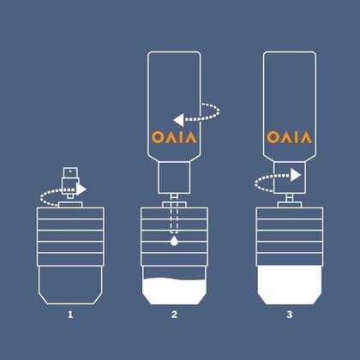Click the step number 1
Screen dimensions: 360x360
70,315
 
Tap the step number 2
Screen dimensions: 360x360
174,315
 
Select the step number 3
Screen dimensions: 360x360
290,315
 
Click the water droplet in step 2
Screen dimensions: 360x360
174,241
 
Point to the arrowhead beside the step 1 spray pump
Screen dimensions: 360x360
81,189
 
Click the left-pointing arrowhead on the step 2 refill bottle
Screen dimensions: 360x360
178,120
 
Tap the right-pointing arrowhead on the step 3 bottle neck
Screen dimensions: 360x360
296,175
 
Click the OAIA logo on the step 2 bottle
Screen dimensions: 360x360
174,137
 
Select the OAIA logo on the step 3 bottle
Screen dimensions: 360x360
290,137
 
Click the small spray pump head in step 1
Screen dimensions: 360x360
70,183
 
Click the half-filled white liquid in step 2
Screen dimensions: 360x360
174,291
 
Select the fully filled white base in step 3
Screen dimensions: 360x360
290,285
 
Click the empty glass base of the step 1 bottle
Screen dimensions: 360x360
70,285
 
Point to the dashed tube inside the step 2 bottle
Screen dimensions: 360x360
174,217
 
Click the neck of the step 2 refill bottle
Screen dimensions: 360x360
174,178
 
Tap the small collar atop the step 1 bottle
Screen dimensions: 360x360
70,205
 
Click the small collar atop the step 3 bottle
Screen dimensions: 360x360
290,205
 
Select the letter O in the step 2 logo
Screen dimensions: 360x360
157,137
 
